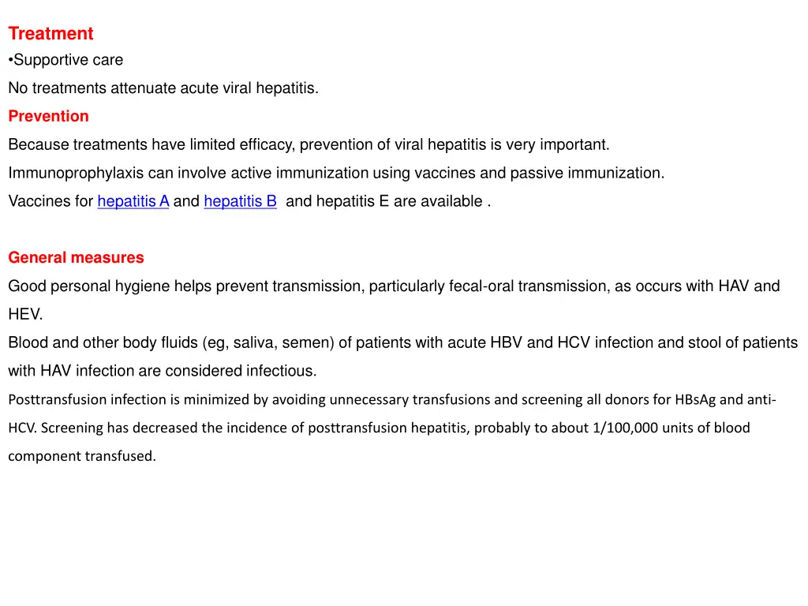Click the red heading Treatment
(x=50, y=34)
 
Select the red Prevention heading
(x=48, y=117)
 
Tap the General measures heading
(x=76, y=258)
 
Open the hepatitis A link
(x=133, y=202)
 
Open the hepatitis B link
(x=240, y=202)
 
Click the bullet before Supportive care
(x=10, y=61)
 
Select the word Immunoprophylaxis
(x=76, y=174)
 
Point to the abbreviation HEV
(x=25, y=315)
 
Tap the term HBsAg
(x=695, y=400)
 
